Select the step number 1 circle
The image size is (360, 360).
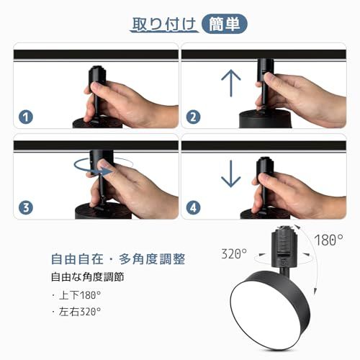tap(27, 117)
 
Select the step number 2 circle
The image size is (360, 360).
tap(193, 117)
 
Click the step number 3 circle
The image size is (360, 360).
tap(27, 208)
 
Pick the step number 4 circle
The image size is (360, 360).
tap(193, 208)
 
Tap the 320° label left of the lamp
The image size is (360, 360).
tap(234, 253)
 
